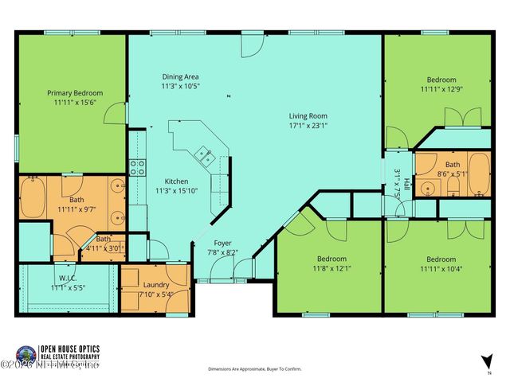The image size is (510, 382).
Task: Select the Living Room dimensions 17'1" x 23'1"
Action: point(308,125)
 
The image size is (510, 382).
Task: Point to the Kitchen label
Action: point(176,181)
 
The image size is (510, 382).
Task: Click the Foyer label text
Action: point(222,243)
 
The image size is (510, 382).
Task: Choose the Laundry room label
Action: point(155,284)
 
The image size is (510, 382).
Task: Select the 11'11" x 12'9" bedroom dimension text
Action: point(441,89)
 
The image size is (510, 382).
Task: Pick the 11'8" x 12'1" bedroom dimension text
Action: point(331,269)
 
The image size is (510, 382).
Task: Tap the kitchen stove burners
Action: point(137,168)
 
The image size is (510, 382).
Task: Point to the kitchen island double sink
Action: point(204,154)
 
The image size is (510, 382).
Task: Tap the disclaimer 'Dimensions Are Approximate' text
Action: point(256,369)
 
